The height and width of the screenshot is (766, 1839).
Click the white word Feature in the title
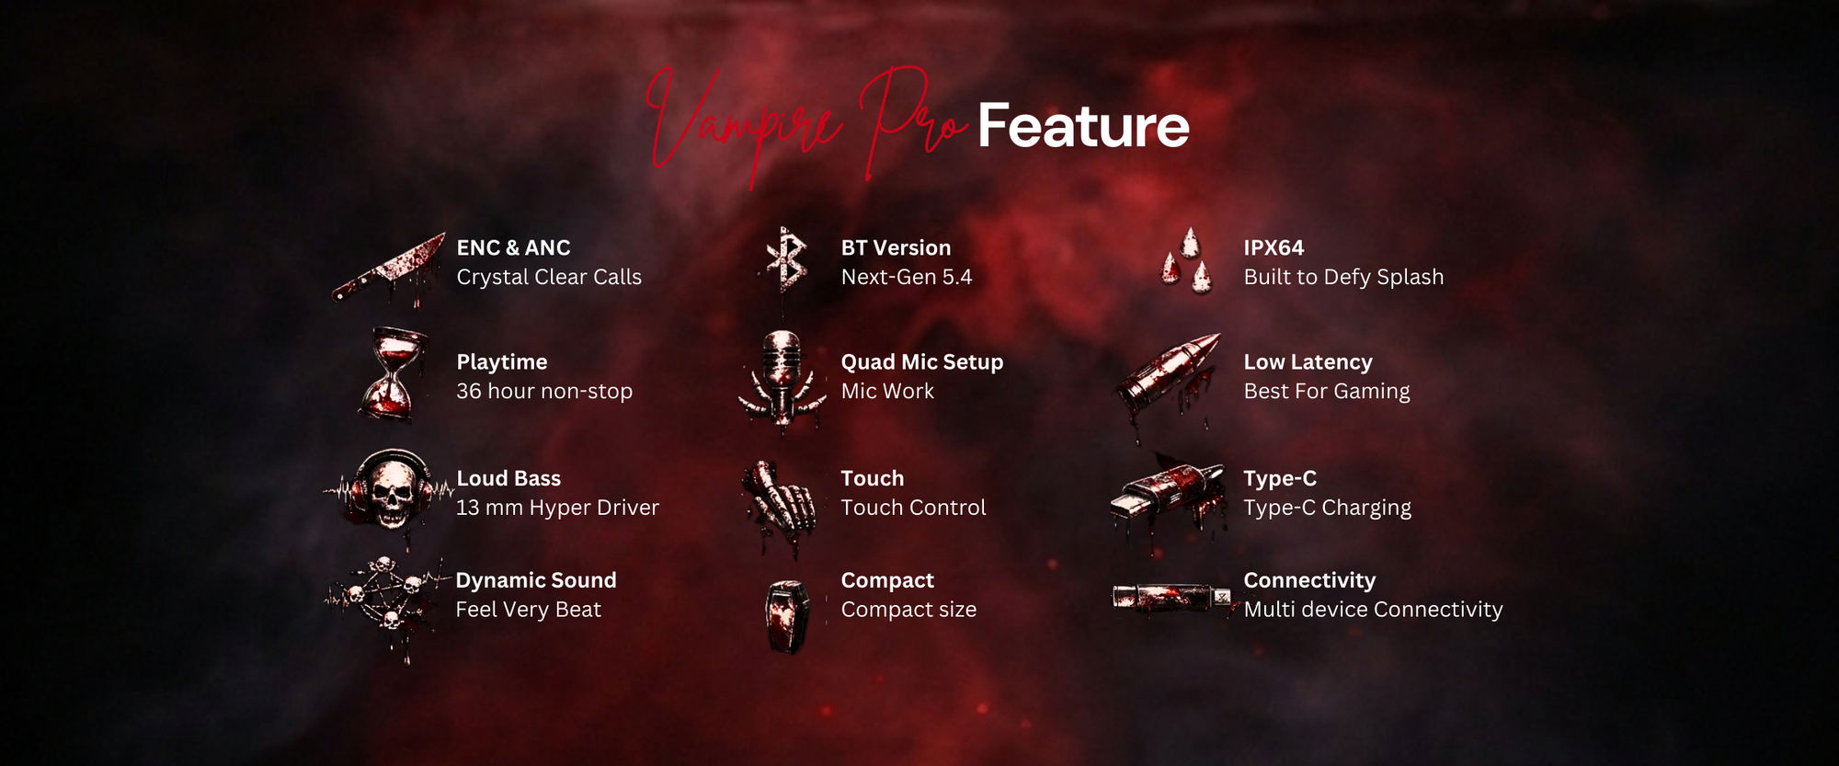coord(1083,126)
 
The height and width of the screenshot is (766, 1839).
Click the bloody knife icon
coord(389,269)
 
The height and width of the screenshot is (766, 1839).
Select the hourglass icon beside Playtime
coord(393,375)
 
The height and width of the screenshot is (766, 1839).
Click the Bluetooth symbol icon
coord(786,260)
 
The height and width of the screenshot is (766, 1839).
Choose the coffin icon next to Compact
coord(787,615)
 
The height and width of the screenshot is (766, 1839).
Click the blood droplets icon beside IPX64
coord(1186,261)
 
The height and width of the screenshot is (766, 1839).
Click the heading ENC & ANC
coord(513,247)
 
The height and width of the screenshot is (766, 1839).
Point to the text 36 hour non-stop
coord(544,391)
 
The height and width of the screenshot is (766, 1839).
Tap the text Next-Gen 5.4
coord(907,277)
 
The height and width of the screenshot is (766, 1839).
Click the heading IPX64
coord(1274,247)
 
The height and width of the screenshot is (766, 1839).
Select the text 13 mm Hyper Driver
coord(557,508)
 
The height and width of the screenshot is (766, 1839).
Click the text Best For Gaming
coord(1327,391)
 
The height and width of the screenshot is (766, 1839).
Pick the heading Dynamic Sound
coord(536,580)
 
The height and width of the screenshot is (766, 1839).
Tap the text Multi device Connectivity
coord(1373,610)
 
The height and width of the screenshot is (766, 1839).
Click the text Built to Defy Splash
coord(1343,277)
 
